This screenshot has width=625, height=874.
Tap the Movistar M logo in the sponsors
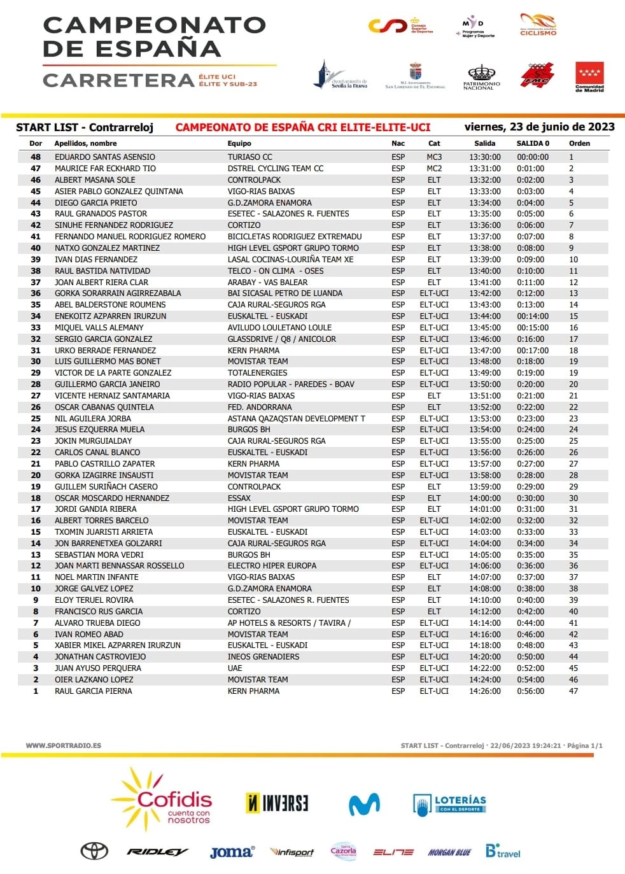pos(364,804)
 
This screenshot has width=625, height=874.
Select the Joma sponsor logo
pos(232,852)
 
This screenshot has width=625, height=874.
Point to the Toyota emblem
pos(94,851)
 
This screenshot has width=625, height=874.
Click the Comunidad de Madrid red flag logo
pos(589,77)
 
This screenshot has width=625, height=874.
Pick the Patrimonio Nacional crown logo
pos(481,77)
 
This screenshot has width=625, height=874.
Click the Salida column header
pos(484,143)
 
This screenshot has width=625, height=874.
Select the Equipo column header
pos(239,143)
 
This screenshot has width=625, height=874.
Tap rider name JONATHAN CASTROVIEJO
pos(100,656)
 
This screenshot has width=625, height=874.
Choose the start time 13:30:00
pos(484,157)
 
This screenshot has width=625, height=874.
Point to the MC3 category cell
pos(434,157)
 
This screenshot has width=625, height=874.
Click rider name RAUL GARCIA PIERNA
pos(94,691)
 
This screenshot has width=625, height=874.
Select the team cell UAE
pos(235,668)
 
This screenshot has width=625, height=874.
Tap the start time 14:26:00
pos(484,691)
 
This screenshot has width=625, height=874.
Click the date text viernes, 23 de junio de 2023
pos(539,127)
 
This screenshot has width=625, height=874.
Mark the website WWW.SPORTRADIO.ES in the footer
pos(63,745)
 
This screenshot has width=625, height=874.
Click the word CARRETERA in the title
pos(118,80)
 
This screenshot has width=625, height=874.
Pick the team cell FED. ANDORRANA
pos(260,407)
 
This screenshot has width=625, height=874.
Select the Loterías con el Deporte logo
pos(449,804)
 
